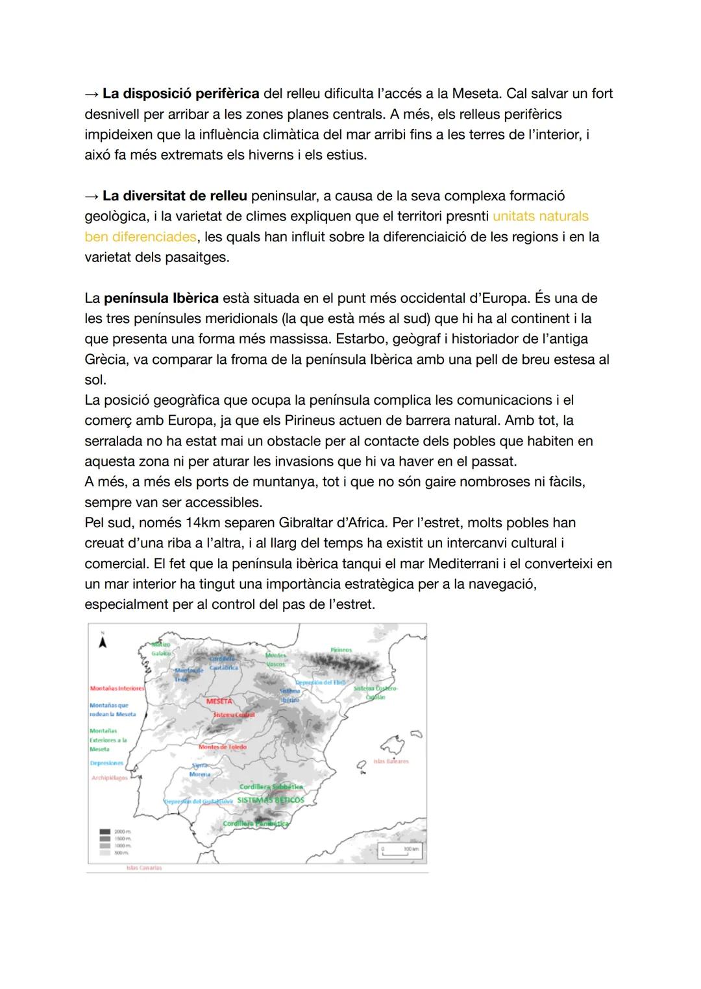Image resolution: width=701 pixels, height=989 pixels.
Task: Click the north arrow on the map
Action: [x=103, y=641]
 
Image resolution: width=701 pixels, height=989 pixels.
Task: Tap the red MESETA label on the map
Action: [x=219, y=702]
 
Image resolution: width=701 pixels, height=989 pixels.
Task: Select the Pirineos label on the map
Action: [x=341, y=650]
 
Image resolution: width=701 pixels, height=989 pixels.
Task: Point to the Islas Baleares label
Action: [x=391, y=761]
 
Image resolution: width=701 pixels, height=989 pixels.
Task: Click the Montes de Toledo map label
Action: [x=223, y=747]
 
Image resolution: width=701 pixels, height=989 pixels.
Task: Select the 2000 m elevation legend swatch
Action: [x=105, y=831]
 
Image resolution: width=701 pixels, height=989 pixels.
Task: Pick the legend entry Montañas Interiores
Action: [x=117, y=688]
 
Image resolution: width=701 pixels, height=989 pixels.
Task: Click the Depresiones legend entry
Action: [x=106, y=763]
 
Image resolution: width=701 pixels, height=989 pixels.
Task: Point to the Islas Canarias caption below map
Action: [x=144, y=868]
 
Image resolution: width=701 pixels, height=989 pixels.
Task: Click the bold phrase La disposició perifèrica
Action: [x=181, y=93]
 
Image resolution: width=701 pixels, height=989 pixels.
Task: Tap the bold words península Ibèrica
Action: [x=161, y=298]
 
